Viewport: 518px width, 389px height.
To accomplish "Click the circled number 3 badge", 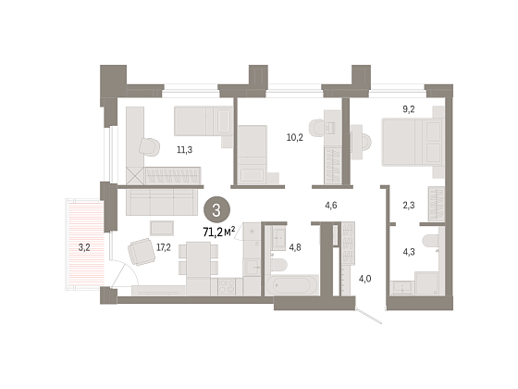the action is coord(216,209).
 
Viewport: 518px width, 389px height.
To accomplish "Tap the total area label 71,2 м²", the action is coord(219,232).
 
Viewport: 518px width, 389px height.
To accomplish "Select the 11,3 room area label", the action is coord(184,150).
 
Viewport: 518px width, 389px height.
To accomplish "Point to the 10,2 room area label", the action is coord(295,137).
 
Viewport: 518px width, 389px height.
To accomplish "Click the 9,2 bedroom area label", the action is coord(409,109).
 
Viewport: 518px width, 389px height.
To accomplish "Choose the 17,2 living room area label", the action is coord(163,247).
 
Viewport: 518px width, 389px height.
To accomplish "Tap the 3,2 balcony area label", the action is coord(84,247).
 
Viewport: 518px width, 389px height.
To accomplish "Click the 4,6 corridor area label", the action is coord(331,206).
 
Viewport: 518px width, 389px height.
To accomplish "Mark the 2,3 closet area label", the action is coord(409,206).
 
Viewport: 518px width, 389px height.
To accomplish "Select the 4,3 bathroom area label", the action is coord(409,252).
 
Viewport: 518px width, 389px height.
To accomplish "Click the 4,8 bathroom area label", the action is coord(295,247).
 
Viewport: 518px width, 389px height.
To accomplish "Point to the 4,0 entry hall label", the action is coord(364,279).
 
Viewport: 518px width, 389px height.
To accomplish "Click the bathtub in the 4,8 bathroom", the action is coord(292,285).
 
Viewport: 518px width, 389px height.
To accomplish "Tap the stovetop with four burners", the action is coord(227,286).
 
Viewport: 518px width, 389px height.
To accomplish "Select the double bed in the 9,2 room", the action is coord(413,142).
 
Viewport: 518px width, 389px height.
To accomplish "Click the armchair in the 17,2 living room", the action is coord(142,252).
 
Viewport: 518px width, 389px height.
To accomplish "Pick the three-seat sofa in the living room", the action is coord(160,202).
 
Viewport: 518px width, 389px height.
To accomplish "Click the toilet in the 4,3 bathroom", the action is coord(431,241).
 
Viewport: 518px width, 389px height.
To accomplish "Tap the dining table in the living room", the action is coord(198,259).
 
